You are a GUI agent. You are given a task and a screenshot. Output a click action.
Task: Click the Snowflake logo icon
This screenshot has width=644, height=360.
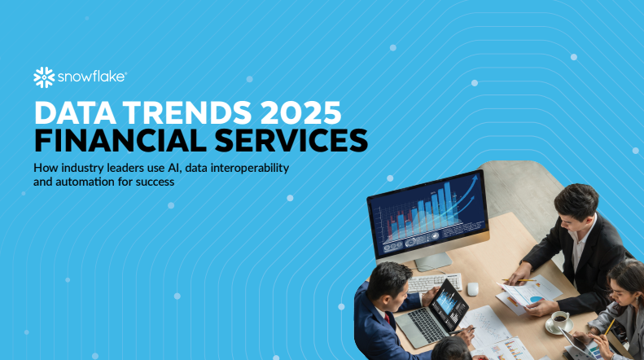pos(43,77)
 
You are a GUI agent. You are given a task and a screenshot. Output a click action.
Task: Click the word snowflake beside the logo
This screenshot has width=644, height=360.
pos(90,77)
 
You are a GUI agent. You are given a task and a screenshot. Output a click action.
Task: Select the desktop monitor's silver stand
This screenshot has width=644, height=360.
pos(433,260)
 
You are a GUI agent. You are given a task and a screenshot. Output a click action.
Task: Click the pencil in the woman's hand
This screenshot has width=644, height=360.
pos(608,325)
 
